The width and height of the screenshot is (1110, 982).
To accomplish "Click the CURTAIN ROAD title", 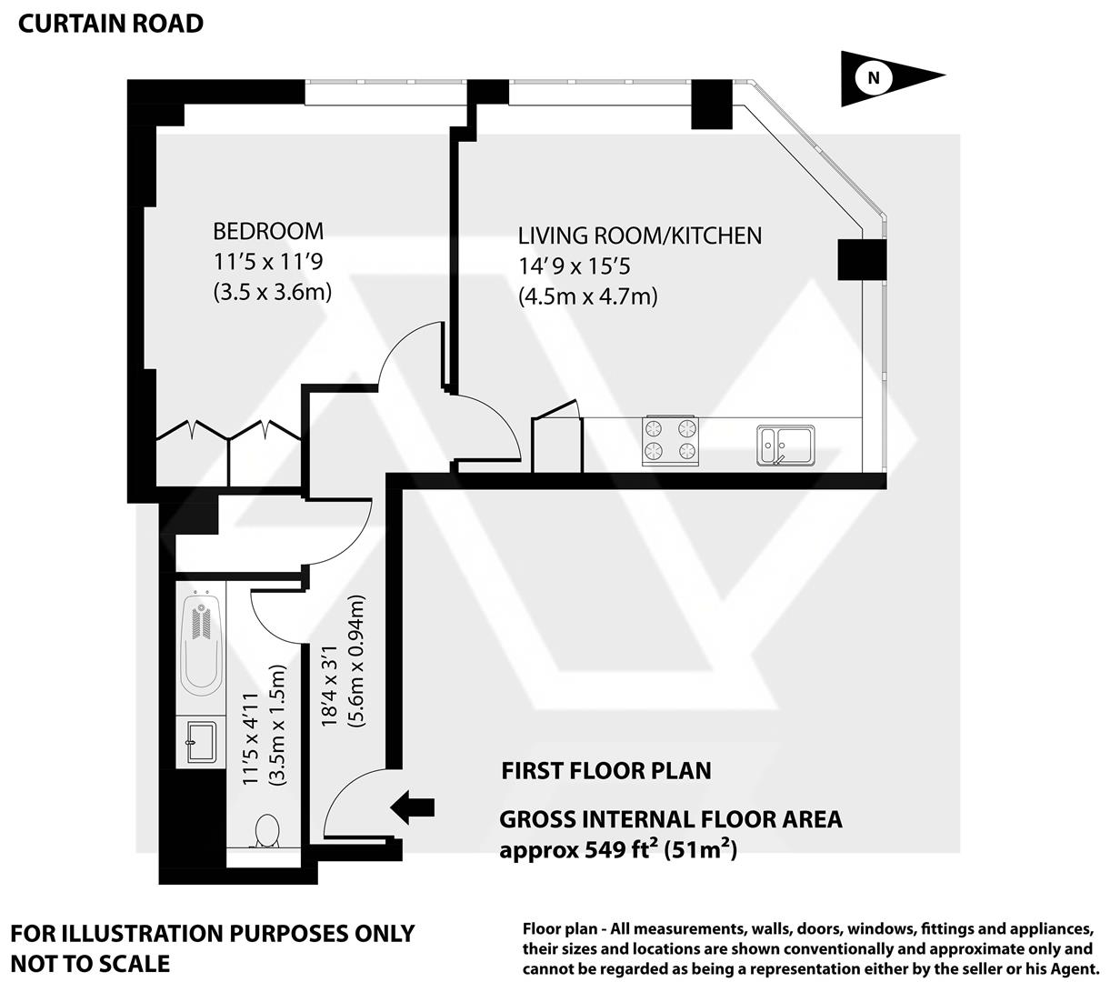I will (x=111, y=24).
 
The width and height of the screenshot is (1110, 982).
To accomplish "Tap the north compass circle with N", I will (x=875, y=78).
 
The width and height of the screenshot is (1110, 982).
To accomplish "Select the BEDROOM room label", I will (x=268, y=232).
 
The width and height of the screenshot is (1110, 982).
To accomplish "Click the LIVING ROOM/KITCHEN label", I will (x=640, y=236).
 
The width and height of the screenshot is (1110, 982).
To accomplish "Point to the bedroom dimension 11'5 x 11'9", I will (x=268, y=263).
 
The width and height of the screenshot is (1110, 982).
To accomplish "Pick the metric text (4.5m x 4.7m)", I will (x=587, y=296).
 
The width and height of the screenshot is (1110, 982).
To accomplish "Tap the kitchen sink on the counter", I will (x=786, y=446).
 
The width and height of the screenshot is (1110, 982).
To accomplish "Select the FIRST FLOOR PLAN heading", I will (x=606, y=771).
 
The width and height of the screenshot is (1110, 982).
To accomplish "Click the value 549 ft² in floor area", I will (x=605, y=851).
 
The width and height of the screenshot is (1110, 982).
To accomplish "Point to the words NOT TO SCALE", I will (x=90, y=963).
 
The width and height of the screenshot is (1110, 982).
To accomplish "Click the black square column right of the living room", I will (x=860, y=259).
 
